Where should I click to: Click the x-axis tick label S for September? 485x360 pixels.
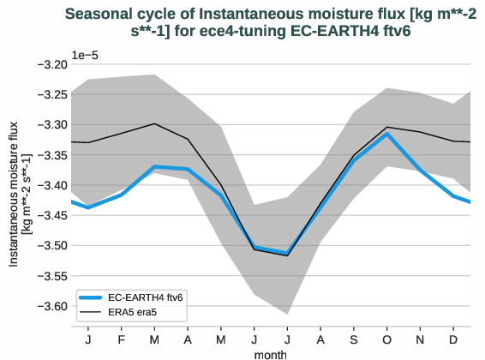point(354,339)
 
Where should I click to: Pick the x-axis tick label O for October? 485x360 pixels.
point(387,339)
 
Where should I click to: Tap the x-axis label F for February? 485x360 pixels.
point(121,339)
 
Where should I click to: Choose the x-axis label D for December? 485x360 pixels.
point(453,339)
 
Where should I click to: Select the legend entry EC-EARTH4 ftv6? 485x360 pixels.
point(145,296)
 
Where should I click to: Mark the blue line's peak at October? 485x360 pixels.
point(387,134)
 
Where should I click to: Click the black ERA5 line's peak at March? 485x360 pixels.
point(154,123)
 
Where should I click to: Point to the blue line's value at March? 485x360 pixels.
point(154,166)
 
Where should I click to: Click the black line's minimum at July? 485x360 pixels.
point(287,255)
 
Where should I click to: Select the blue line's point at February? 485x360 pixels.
point(121,195)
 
